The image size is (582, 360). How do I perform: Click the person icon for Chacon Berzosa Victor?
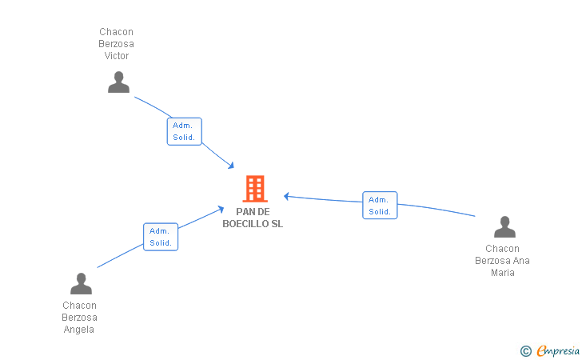[118, 82]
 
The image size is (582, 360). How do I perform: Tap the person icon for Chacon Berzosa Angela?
[81, 284]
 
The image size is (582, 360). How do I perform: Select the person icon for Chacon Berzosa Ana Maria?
[504, 227]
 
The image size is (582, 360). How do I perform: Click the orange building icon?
[254, 189]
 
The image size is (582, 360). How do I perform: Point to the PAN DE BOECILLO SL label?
[253, 218]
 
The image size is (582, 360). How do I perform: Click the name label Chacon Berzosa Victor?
[117, 44]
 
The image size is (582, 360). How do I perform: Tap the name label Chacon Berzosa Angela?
[79, 318]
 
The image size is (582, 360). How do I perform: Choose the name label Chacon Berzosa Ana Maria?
[503, 261]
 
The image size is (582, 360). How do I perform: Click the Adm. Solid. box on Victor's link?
[184, 131]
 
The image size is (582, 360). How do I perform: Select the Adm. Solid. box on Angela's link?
[161, 237]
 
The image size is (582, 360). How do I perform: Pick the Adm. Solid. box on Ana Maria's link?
[380, 206]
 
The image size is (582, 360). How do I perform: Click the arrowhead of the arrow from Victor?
[231, 166]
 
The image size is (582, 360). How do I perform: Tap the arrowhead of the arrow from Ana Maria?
[286, 195]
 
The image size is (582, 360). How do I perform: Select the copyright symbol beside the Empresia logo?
[525, 350]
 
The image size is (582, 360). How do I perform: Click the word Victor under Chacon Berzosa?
[117, 56]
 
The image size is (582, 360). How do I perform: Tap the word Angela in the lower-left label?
[79, 330]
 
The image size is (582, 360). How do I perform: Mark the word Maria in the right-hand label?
[503, 273]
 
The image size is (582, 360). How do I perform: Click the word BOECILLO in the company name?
[245, 224]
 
